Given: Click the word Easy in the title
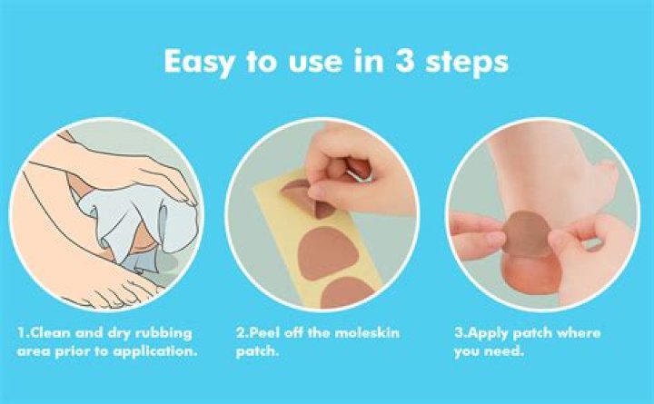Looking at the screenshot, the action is pos(199,63).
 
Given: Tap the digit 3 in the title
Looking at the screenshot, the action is pos(403,61).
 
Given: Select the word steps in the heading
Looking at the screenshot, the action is pos(466,63).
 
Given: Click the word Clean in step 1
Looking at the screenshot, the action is pos(45,332).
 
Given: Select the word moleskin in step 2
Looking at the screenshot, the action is pos(368,332).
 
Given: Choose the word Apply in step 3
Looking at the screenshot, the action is pos(488,333).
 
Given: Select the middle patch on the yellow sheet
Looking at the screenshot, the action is pos(328,254).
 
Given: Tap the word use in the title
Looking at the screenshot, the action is pos(312,63).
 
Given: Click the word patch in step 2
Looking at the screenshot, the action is pos(257,352).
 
